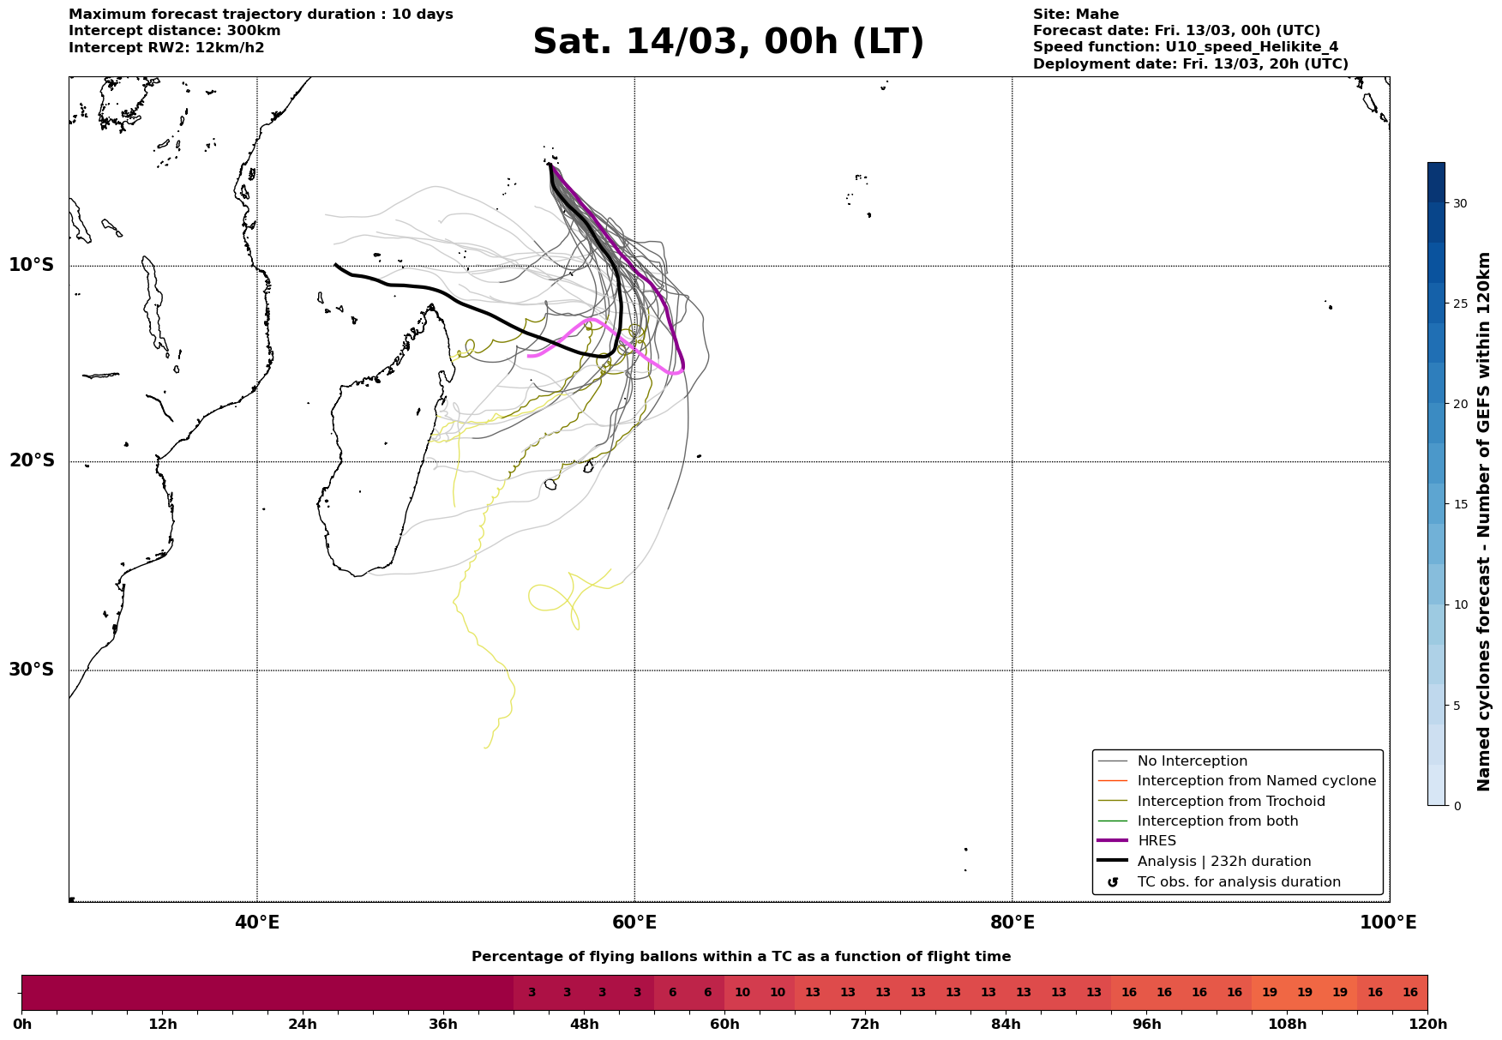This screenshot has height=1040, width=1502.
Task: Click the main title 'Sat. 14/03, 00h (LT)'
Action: point(728,42)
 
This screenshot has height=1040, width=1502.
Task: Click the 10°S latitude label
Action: point(32,265)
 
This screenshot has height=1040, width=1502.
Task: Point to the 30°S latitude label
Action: point(32,670)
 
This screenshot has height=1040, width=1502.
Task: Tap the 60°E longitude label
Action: point(634,923)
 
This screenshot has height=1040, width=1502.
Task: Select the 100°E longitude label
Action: point(1388,923)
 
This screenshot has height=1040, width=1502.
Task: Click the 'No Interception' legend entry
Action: point(1192,761)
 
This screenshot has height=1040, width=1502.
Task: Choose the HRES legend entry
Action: point(1157,841)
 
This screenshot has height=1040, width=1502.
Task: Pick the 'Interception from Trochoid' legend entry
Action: point(1230,802)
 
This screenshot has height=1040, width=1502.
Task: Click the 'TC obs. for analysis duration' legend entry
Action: point(1238,882)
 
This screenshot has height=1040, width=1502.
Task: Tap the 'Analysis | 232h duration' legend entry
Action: point(1223,862)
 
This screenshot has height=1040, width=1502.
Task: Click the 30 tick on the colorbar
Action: point(1460,203)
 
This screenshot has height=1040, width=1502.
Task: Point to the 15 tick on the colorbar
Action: point(1460,504)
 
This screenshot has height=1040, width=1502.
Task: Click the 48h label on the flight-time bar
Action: point(584,1025)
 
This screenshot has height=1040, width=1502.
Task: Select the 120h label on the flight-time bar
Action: point(1427,1025)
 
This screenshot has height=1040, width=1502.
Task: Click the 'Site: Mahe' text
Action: point(1075,15)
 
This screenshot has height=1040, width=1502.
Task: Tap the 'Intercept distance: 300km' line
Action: point(174,31)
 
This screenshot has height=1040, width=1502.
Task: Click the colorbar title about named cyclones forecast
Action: point(1484,521)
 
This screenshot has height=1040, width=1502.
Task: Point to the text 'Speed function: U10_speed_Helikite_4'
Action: point(1185,47)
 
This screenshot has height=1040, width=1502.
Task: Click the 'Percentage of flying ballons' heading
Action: point(741,957)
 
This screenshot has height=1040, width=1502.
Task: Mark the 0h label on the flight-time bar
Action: point(22,1025)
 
